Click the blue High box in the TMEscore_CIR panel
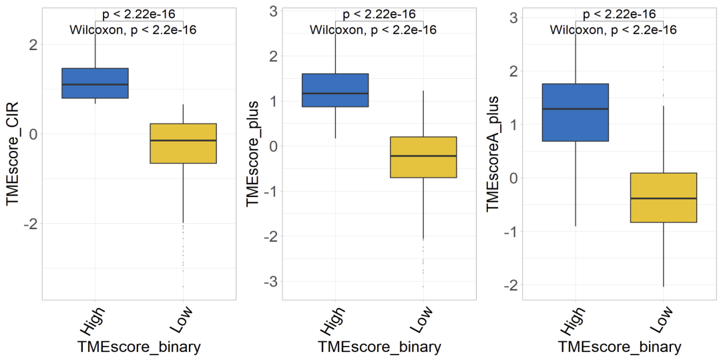point(95,83)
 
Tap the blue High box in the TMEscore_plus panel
point(335,90)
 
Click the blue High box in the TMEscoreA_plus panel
point(575,112)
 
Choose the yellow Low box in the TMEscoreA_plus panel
point(664,198)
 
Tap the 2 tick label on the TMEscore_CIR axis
point(33,45)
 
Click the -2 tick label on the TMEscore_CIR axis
point(29,224)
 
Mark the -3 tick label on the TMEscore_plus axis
point(270,282)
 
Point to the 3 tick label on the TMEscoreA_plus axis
point(513,17)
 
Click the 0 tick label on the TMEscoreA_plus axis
point(513,178)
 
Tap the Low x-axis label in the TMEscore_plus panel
point(421,320)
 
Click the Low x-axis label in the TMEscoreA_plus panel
point(661,320)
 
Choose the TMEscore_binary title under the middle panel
point(379,347)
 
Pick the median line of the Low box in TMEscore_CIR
point(183,140)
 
